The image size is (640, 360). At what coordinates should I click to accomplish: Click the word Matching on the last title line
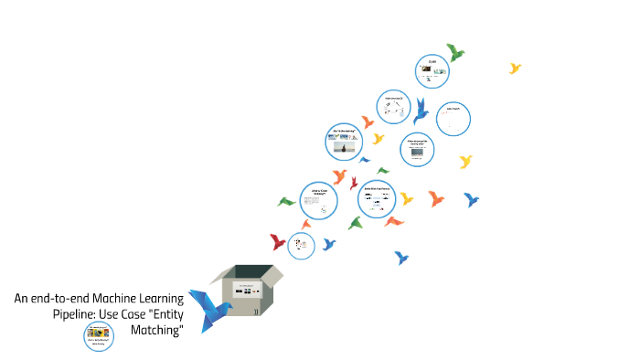pyautogui.click(x=156, y=330)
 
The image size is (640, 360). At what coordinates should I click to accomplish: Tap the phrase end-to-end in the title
pyautogui.click(x=62, y=298)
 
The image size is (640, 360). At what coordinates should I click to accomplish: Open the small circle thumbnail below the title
pyautogui.click(x=99, y=334)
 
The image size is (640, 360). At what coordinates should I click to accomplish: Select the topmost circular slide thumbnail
pyautogui.click(x=432, y=69)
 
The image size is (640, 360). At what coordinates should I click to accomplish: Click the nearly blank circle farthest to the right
pyautogui.click(x=453, y=118)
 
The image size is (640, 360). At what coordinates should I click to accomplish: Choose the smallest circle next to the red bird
pyautogui.click(x=301, y=245)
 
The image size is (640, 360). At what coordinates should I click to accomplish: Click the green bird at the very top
pyautogui.click(x=454, y=51)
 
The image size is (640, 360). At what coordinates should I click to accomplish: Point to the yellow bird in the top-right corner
pyautogui.click(x=516, y=68)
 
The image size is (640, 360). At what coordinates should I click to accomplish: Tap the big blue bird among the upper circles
pyautogui.click(x=421, y=110)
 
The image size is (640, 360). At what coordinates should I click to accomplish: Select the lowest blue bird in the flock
pyautogui.click(x=400, y=258)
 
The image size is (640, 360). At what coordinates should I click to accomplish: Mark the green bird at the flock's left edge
pyautogui.click(x=287, y=201)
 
